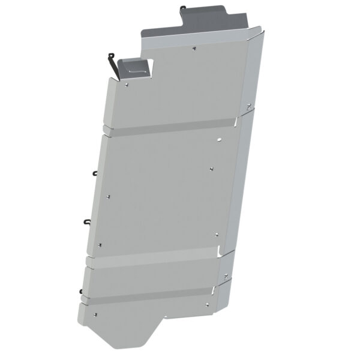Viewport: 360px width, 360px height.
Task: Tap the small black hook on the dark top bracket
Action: pyautogui.click(x=183, y=9)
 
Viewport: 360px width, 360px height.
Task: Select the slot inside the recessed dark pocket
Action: pyautogui.click(x=136, y=70)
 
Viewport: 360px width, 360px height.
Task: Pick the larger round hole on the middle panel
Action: pyautogui.click(x=220, y=140)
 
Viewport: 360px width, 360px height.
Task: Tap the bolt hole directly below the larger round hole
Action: pyautogui.click(x=212, y=169)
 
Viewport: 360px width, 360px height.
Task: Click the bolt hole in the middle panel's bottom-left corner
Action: pyautogui.click(x=100, y=245)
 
